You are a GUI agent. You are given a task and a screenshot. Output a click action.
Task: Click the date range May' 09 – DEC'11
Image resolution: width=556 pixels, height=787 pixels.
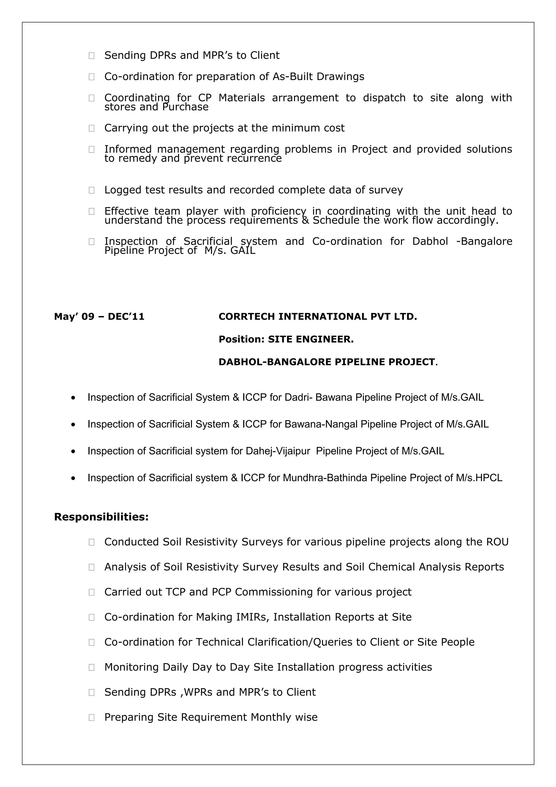99,316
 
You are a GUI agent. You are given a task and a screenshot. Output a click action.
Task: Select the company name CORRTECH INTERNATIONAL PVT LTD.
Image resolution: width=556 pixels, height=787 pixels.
318,316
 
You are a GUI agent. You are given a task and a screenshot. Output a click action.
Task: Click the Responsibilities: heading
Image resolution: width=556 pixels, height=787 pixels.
102,517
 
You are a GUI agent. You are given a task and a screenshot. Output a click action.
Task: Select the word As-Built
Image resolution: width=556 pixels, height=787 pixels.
293,76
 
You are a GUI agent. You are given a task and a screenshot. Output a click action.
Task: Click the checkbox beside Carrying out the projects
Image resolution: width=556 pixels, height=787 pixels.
91,128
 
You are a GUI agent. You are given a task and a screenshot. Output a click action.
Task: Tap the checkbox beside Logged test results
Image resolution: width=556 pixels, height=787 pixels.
91,190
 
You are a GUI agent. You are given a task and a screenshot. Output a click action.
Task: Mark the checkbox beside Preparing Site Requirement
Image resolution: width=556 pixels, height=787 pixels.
91,717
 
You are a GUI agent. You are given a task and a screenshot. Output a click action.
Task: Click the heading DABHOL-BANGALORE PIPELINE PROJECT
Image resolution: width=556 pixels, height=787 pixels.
328,362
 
